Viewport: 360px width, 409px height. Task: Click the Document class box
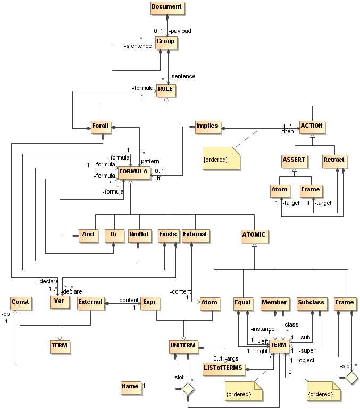coord(166,7)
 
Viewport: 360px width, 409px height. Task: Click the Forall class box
coord(100,127)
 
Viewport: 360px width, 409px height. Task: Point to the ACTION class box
coord(312,127)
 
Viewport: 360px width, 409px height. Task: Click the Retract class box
coord(333,160)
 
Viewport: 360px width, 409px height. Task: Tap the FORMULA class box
coord(133,172)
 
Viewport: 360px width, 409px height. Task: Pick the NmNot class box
coord(138,235)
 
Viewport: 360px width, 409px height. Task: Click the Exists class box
coord(168,235)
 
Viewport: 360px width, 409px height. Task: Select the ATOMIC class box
coord(254,235)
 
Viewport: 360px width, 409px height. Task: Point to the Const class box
coord(20,302)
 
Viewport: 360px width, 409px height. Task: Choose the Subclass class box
coord(311,303)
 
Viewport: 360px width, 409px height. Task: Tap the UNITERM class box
coord(183,346)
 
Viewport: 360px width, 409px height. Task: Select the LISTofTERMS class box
coord(223,367)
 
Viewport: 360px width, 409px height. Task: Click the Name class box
coord(130,387)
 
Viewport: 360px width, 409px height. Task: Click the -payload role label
coord(180,31)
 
